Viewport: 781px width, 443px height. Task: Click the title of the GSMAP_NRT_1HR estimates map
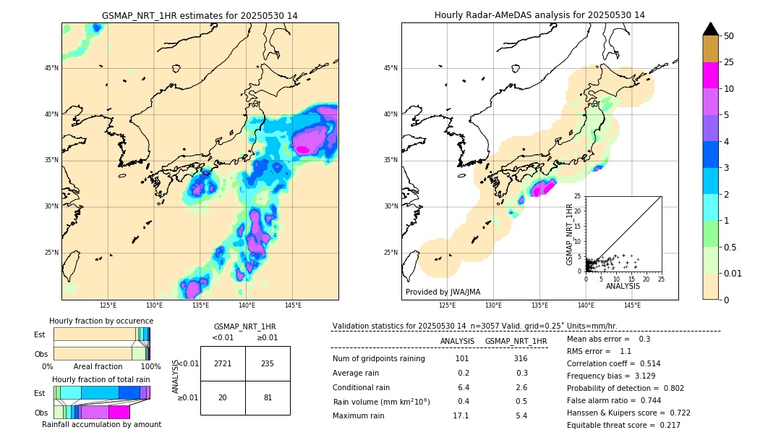[x=200, y=15]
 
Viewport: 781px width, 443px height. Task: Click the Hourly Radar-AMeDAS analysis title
[x=539, y=15]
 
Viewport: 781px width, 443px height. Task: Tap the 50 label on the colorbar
[x=729, y=36]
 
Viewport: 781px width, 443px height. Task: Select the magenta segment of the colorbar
[x=710, y=75]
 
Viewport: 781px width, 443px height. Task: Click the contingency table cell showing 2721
[x=223, y=363]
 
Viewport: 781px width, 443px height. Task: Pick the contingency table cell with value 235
[x=268, y=363]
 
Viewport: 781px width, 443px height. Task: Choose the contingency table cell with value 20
[x=223, y=397]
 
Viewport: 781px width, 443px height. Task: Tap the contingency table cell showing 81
[x=268, y=397]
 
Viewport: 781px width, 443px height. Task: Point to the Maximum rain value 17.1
[x=461, y=415]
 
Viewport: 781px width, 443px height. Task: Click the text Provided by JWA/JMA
[x=443, y=292]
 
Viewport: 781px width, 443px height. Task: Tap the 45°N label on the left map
[x=51, y=68]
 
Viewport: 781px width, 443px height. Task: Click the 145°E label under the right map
[x=632, y=305]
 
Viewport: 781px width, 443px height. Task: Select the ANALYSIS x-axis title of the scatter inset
[x=623, y=286]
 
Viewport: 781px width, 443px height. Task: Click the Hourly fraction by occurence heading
[x=101, y=321]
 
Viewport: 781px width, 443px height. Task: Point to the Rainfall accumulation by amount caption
[x=101, y=424]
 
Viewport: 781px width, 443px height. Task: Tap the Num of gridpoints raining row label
[x=379, y=358]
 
